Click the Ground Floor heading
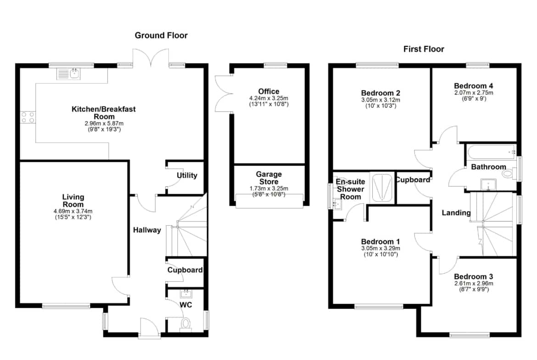[161, 35]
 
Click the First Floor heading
[424, 49]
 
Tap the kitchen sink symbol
[68, 73]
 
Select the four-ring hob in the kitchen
[28, 117]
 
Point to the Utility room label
[187, 175]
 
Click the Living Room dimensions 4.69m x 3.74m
[73, 211]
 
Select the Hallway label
[147, 230]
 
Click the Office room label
[269, 91]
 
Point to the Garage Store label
[269, 177]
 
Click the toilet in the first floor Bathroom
[509, 173]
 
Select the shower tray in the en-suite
[382, 188]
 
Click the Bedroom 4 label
[474, 86]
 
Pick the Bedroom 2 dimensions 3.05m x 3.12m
[380, 100]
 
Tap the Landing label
[456, 213]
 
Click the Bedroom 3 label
[474, 277]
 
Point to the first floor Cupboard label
[413, 180]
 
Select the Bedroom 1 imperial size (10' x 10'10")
[380, 254]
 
